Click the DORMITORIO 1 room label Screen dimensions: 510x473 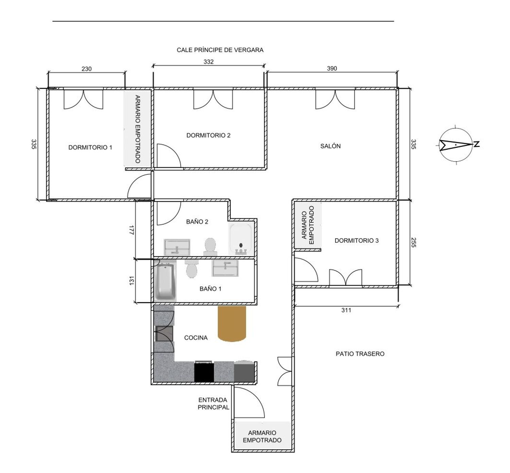(x=90, y=148)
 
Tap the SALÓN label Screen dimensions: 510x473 (x=330, y=146)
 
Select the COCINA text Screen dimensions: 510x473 (x=196, y=338)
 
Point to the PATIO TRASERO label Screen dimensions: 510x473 (x=360, y=354)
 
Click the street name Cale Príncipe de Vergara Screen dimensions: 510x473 (x=220, y=50)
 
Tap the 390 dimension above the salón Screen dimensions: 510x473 (x=332, y=68)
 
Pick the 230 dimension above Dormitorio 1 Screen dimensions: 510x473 (x=87, y=69)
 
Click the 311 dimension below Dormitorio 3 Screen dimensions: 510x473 (x=346, y=310)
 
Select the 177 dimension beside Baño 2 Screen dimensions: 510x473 (x=132, y=230)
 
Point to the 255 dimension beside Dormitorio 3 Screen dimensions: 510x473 (x=413, y=242)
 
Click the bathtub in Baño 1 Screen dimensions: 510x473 (x=165, y=280)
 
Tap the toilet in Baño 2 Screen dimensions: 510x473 (x=210, y=247)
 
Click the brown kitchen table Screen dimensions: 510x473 (x=232, y=324)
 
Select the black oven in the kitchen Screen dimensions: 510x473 (x=204, y=371)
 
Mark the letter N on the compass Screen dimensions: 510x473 (x=477, y=144)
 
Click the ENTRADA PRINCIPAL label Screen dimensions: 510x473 (x=213, y=404)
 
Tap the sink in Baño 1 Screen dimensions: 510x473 (x=225, y=268)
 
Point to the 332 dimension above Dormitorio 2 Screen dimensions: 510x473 (x=208, y=62)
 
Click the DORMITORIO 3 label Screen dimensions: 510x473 (x=356, y=240)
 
